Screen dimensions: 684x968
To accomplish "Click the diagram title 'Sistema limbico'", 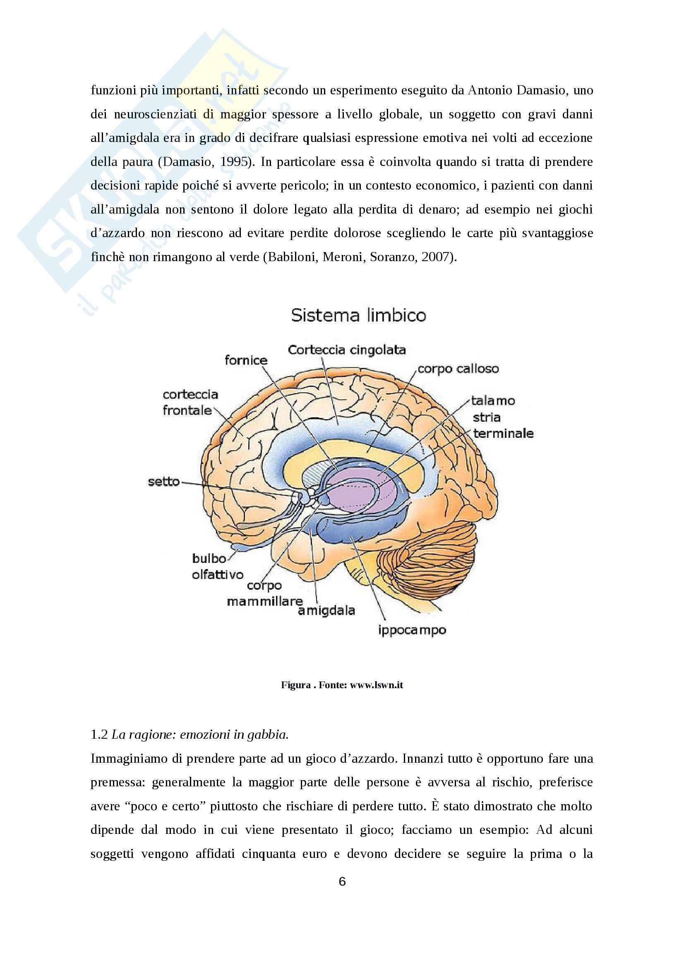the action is pyautogui.click(x=358, y=315).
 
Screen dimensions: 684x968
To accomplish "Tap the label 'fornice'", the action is pyautogui.click(x=246, y=360).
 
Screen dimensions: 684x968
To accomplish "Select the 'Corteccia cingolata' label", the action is pyautogui.click(x=347, y=350).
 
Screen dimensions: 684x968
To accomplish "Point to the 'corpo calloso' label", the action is pyautogui.click(x=458, y=369).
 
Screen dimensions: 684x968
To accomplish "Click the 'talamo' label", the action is pyautogui.click(x=493, y=401).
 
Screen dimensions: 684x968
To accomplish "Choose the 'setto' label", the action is pyautogui.click(x=163, y=481).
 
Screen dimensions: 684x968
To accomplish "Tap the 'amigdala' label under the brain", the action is pyautogui.click(x=326, y=610).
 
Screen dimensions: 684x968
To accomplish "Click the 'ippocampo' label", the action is pyautogui.click(x=412, y=630).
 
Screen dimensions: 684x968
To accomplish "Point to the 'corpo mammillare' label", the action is pyautogui.click(x=265, y=593).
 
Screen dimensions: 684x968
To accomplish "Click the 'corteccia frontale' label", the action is pyautogui.click(x=190, y=402).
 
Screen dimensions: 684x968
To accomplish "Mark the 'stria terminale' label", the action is pyautogui.click(x=503, y=425).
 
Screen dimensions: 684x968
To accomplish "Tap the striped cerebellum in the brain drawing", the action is pyautogui.click(x=426, y=557).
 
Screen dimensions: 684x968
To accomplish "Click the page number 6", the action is pyautogui.click(x=342, y=881).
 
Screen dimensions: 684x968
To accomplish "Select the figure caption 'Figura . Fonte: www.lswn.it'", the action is pyautogui.click(x=342, y=685).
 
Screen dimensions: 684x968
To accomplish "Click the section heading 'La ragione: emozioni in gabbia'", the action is pyautogui.click(x=200, y=735).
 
